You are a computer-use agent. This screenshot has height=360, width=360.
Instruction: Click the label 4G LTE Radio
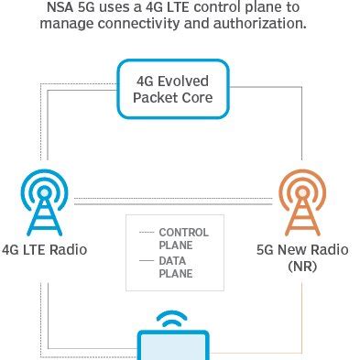click(45, 249)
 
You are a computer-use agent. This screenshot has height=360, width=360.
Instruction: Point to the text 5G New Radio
click(302, 249)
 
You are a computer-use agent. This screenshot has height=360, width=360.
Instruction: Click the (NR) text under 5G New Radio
click(302, 267)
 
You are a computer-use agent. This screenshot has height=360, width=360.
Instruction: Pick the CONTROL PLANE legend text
click(184, 239)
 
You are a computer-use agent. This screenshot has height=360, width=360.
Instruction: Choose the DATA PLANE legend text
click(176, 267)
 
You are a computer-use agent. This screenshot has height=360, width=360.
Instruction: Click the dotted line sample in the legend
click(147, 233)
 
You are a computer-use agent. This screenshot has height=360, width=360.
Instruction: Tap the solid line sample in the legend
click(147, 261)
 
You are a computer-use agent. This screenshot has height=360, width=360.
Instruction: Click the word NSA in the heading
click(60, 7)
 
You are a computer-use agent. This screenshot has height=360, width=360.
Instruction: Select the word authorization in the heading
click(260, 23)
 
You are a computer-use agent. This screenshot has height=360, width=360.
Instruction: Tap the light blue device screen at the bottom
click(173, 347)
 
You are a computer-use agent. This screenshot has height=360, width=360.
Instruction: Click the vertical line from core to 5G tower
click(302, 124)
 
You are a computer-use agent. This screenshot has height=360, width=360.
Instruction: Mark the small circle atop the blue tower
click(45, 192)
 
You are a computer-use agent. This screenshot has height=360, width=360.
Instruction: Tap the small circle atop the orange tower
click(302, 192)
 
